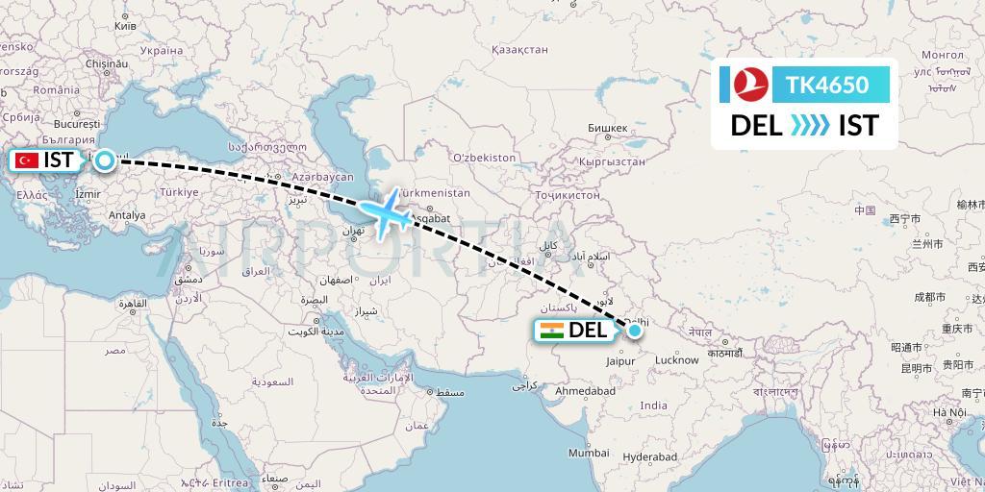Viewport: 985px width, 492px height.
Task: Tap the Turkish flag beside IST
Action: pos(27,160)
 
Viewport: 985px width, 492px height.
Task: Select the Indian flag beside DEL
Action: pos(552,332)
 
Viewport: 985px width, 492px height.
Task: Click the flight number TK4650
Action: pos(827,86)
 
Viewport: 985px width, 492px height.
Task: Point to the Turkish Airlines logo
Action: pos(749,86)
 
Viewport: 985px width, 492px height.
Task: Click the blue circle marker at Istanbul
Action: pos(104,161)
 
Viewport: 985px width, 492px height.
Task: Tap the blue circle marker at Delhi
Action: pos(634,332)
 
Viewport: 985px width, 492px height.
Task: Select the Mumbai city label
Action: pos(588,452)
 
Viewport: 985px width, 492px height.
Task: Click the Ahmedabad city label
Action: pos(585,391)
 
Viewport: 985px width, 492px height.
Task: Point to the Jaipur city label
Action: pos(620,361)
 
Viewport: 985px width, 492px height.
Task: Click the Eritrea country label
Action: pos(230,482)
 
